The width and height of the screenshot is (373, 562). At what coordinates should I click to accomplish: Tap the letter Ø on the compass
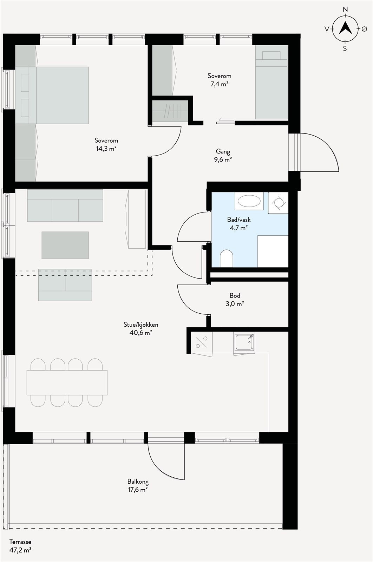(364, 29)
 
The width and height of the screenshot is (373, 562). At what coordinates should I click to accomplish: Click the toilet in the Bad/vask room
(227, 259)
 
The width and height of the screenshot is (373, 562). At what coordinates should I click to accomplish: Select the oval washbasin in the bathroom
(249, 201)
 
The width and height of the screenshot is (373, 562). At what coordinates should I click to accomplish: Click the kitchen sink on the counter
(244, 342)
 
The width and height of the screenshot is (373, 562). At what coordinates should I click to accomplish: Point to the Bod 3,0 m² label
(235, 300)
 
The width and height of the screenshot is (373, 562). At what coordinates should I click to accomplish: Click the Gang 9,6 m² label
(223, 155)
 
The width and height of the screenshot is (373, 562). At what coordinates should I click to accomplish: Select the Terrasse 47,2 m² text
(20, 546)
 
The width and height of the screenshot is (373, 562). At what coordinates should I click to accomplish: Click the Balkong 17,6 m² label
(138, 485)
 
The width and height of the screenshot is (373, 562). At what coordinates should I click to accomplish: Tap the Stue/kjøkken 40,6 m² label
(140, 328)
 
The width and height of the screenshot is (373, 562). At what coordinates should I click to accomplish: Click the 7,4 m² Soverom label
(219, 80)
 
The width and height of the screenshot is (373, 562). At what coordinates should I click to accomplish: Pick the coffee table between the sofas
(65, 245)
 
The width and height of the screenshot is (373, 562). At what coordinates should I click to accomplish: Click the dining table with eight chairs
(67, 383)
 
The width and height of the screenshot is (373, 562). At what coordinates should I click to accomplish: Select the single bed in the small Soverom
(271, 84)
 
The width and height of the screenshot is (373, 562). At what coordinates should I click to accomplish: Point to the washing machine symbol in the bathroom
(278, 203)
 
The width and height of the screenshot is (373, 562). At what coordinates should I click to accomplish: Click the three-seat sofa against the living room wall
(65, 205)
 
